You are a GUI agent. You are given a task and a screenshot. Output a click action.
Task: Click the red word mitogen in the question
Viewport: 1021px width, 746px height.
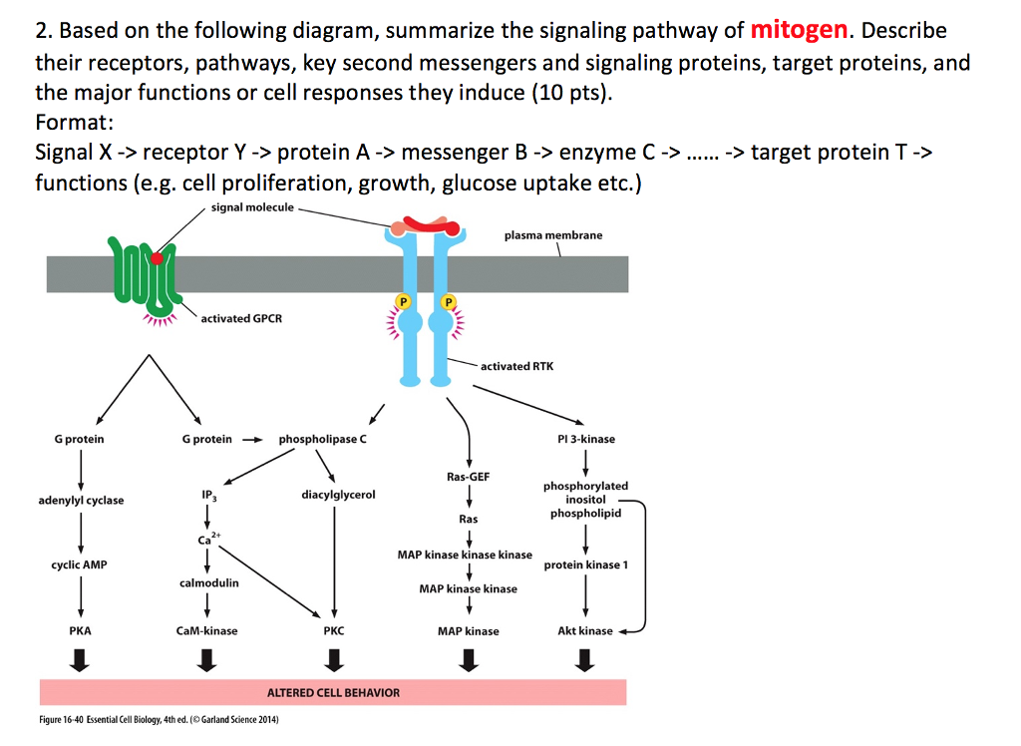coord(799,30)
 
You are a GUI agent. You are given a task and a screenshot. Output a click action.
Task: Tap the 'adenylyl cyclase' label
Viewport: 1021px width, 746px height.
coord(81,500)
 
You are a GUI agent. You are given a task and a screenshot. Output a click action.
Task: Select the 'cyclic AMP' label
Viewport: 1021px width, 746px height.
coord(80,564)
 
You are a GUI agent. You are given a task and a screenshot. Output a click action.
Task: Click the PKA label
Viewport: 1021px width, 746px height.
coord(80,630)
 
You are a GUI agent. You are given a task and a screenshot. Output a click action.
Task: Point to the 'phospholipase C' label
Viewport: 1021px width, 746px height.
coord(322,439)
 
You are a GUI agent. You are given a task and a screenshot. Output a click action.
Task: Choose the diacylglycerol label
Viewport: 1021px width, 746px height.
coord(338,494)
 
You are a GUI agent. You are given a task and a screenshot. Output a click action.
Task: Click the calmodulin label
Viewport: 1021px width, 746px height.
coord(209,582)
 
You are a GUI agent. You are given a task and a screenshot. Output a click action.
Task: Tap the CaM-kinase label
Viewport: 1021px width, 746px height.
coord(206,630)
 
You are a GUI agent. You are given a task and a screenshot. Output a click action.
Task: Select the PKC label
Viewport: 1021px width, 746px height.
coord(334,630)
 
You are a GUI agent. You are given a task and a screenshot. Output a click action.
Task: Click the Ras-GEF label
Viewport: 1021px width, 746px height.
coord(468,477)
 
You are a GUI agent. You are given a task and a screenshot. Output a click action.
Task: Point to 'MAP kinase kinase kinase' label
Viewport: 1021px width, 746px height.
coord(465,555)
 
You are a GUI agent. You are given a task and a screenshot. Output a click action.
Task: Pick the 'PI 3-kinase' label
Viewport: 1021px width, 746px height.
coord(586,439)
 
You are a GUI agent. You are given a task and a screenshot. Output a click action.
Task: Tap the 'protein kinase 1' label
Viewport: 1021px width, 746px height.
coord(586,564)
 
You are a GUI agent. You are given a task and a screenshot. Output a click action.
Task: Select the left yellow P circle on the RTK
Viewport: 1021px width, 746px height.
coord(404,300)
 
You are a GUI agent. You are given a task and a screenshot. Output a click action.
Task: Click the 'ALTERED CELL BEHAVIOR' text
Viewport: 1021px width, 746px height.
coord(333,692)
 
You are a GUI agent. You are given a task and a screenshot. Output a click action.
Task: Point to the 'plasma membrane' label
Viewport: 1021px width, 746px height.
coord(553,235)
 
